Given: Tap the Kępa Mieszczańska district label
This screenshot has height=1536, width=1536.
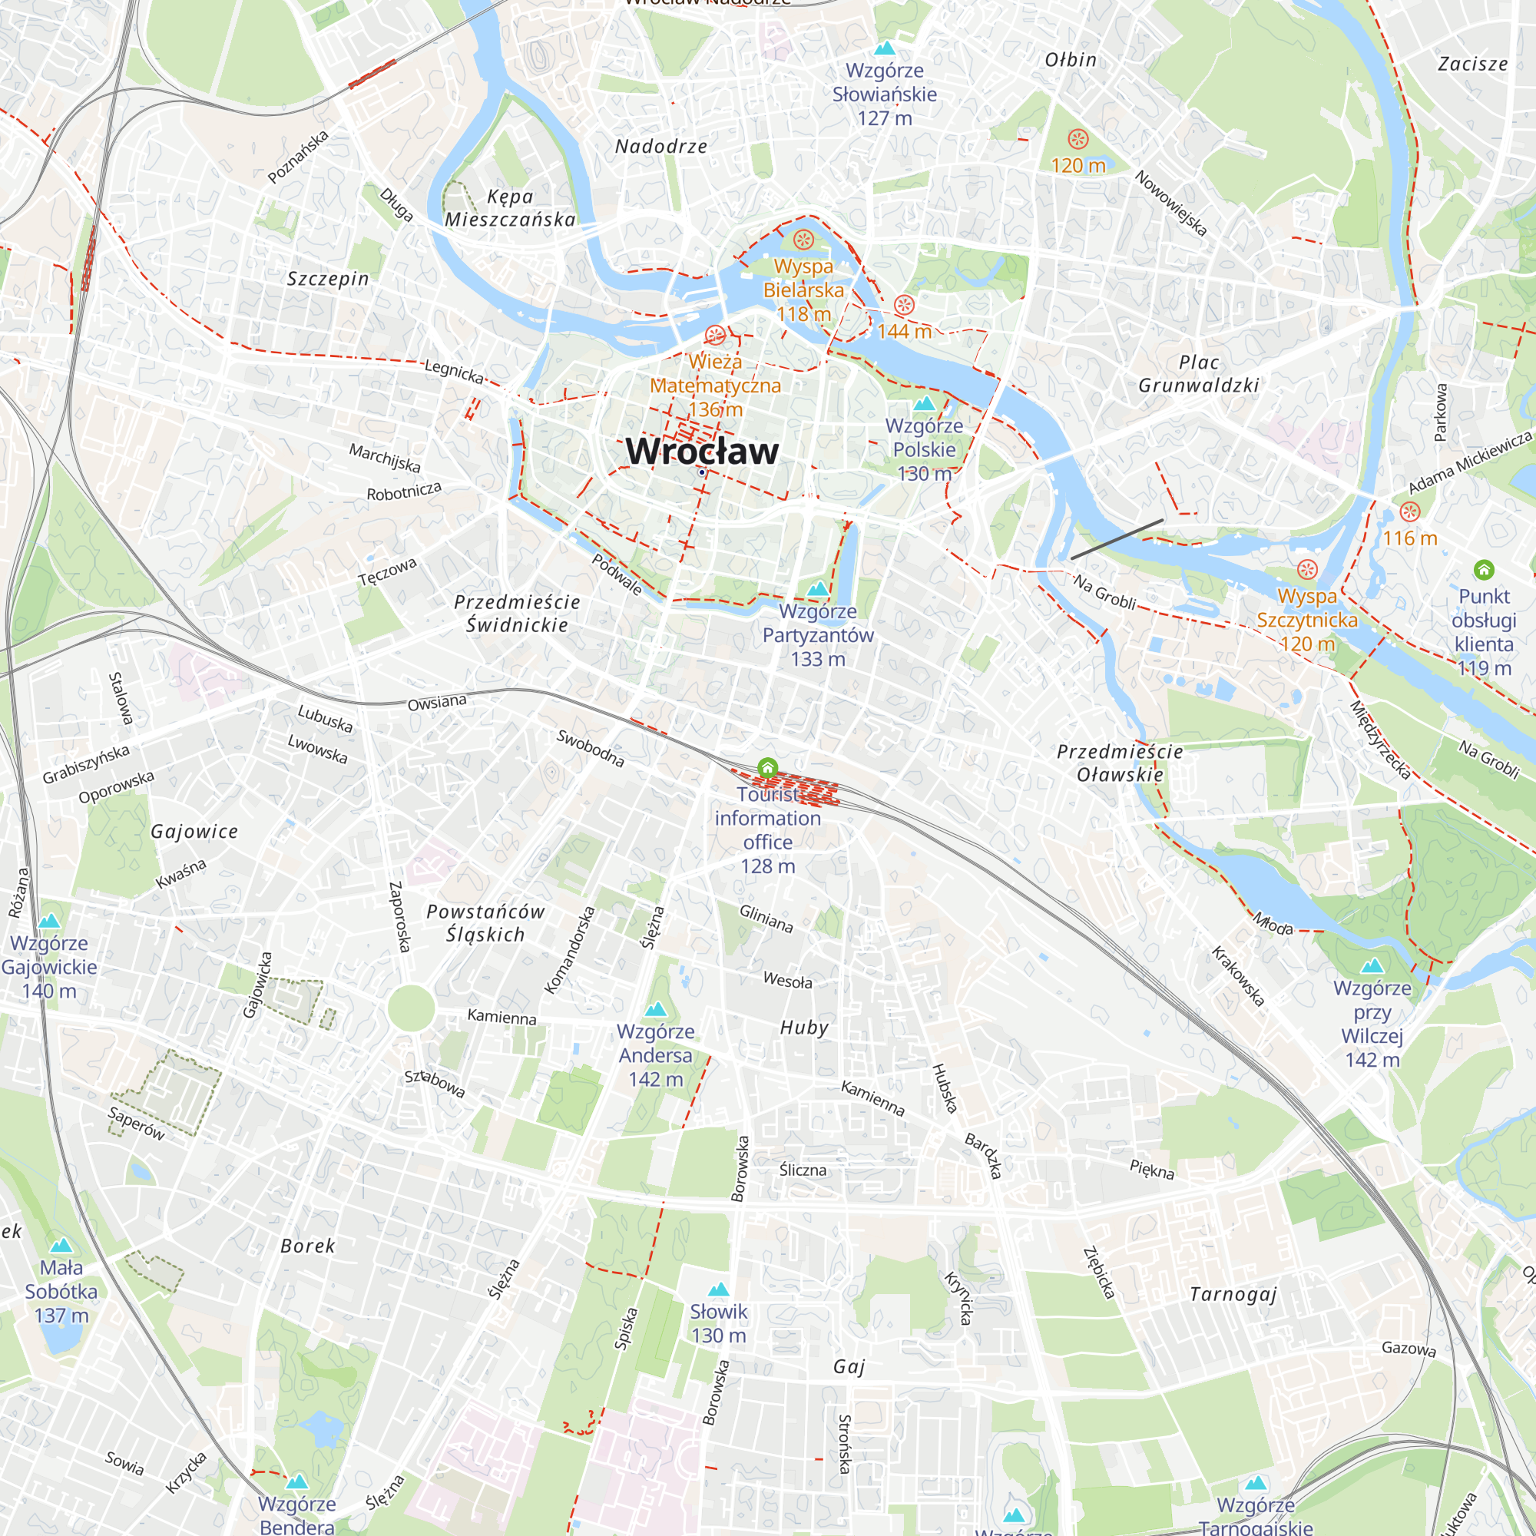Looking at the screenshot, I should pyautogui.click(x=510, y=208).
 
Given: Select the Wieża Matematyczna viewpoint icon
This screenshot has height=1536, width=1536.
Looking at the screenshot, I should pyautogui.click(x=715, y=335).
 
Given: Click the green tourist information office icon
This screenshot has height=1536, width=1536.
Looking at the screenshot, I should pyautogui.click(x=767, y=768).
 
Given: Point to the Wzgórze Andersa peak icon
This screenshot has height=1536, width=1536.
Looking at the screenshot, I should pyautogui.click(x=655, y=1010).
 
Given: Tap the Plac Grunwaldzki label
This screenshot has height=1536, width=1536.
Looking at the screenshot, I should pyautogui.click(x=1198, y=374).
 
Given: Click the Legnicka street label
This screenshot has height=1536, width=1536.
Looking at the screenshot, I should pyautogui.click(x=454, y=370).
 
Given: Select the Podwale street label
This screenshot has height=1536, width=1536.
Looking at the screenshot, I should pyautogui.click(x=617, y=574).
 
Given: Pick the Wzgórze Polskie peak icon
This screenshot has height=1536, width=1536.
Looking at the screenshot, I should pyautogui.click(x=924, y=404).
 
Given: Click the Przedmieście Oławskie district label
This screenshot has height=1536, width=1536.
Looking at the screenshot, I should pyautogui.click(x=1120, y=763).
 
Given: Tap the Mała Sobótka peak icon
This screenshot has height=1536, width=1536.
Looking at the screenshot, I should pyautogui.click(x=61, y=1246).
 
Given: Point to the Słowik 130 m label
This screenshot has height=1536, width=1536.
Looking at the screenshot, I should pyautogui.click(x=718, y=1324).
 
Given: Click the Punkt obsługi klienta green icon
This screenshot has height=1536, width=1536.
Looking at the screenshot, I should pyautogui.click(x=1484, y=569).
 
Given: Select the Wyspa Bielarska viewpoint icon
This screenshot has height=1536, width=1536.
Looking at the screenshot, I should pyautogui.click(x=804, y=239).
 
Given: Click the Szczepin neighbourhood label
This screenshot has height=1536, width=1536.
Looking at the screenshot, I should pyautogui.click(x=328, y=279).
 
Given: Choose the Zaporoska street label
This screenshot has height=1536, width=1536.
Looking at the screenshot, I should pyautogui.click(x=399, y=917).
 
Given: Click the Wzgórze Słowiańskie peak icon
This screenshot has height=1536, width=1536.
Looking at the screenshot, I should pyautogui.click(x=884, y=48).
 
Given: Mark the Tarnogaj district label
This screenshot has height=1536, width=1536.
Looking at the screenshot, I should pyautogui.click(x=1233, y=1294).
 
